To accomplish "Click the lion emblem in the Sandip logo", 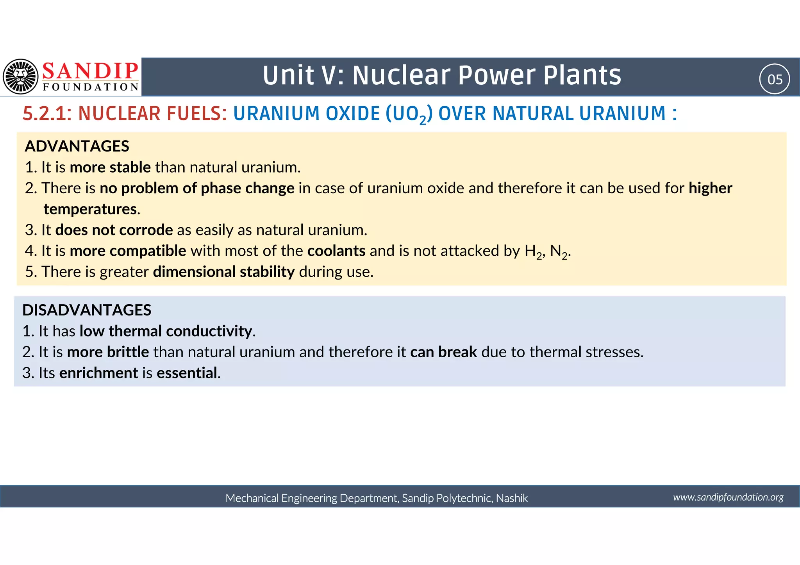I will tap(21, 77).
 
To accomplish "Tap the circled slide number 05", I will tap(775, 79).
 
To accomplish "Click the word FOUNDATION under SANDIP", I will tap(91, 87).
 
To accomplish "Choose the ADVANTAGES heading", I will tap(77, 146).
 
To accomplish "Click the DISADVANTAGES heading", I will tap(87, 310).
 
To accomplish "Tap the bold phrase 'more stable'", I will tap(110, 168).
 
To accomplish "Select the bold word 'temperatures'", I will tap(90, 209).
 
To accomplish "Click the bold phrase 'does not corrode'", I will tap(114, 230).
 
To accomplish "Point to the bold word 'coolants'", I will tap(336, 251).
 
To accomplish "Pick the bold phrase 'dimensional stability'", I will tap(223, 272).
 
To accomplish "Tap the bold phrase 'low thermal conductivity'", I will tap(166, 331).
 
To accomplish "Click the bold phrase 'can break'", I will tap(443, 352).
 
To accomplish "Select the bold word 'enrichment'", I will tap(98, 373).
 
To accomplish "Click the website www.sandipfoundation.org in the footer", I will tap(728, 497).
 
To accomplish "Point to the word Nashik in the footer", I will tap(512, 498).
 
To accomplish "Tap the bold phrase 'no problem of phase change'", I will tap(197, 188).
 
